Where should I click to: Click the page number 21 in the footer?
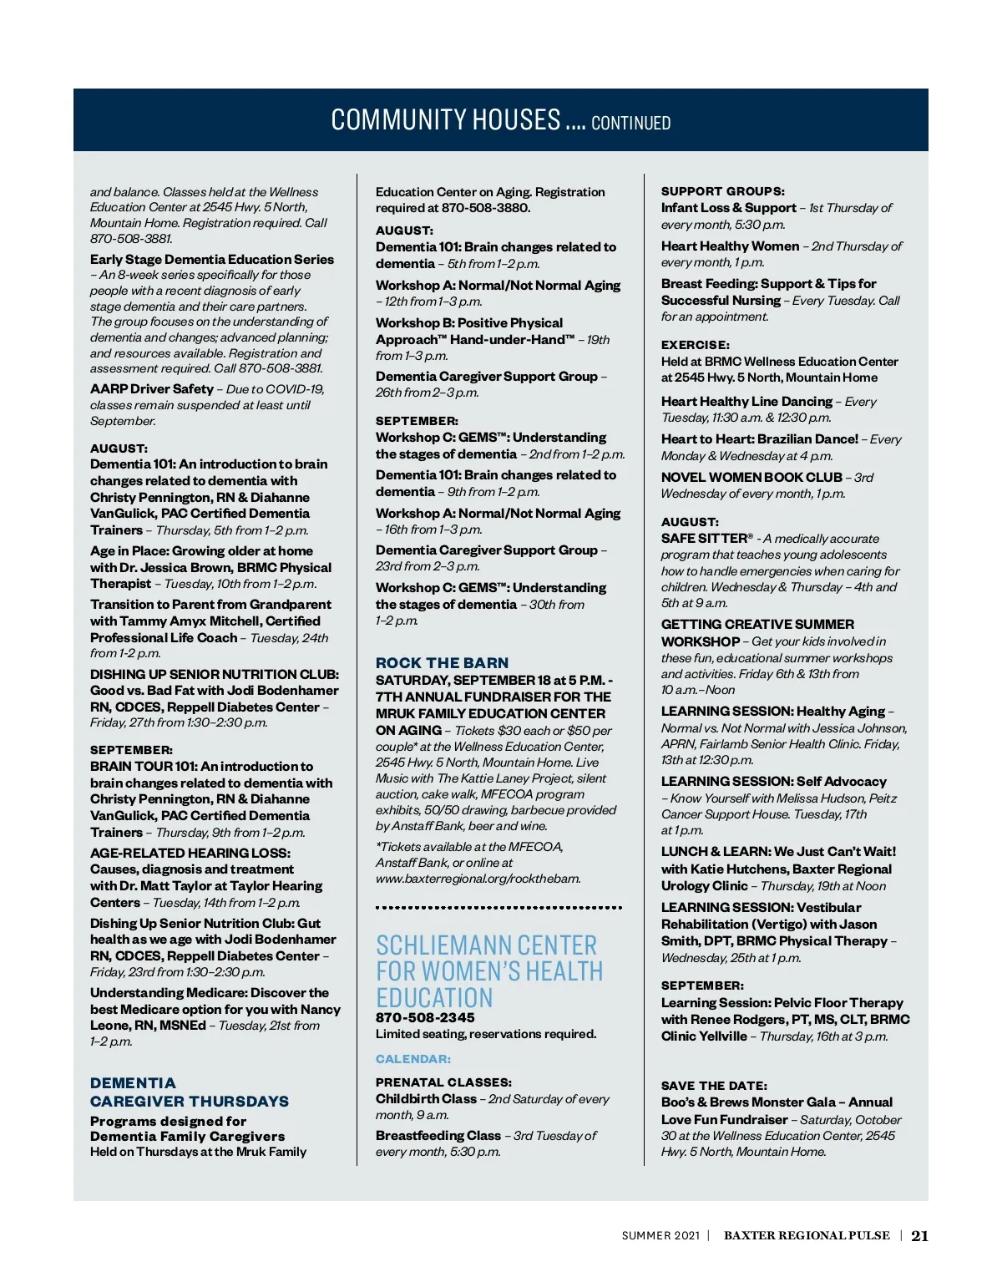[x=919, y=1236]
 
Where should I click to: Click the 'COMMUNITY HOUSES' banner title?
[x=446, y=120]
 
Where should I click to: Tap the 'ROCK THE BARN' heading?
[x=442, y=662]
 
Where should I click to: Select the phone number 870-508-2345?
[x=425, y=1017]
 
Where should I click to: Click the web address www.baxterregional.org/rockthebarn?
[x=478, y=879]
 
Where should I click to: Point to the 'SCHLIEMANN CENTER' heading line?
[x=486, y=945]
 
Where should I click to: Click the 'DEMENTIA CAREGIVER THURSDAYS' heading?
[x=190, y=1092]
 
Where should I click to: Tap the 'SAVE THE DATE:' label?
[x=714, y=1086]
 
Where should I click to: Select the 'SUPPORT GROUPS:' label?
[x=723, y=191]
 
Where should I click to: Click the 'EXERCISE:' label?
[x=696, y=345]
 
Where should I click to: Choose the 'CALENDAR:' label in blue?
[x=413, y=1059]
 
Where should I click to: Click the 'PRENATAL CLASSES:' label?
[x=443, y=1082]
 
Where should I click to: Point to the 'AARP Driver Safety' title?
[x=152, y=389]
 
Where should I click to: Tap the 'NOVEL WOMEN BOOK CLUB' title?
[x=751, y=478]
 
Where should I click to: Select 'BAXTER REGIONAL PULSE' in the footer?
[x=807, y=1236]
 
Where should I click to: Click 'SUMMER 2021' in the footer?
[x=660, y=1236]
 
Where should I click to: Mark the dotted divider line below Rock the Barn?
[x=498, y=907]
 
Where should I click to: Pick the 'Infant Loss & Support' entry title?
[x=729, y=208]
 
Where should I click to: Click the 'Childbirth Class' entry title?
[x=426, y=1099]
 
